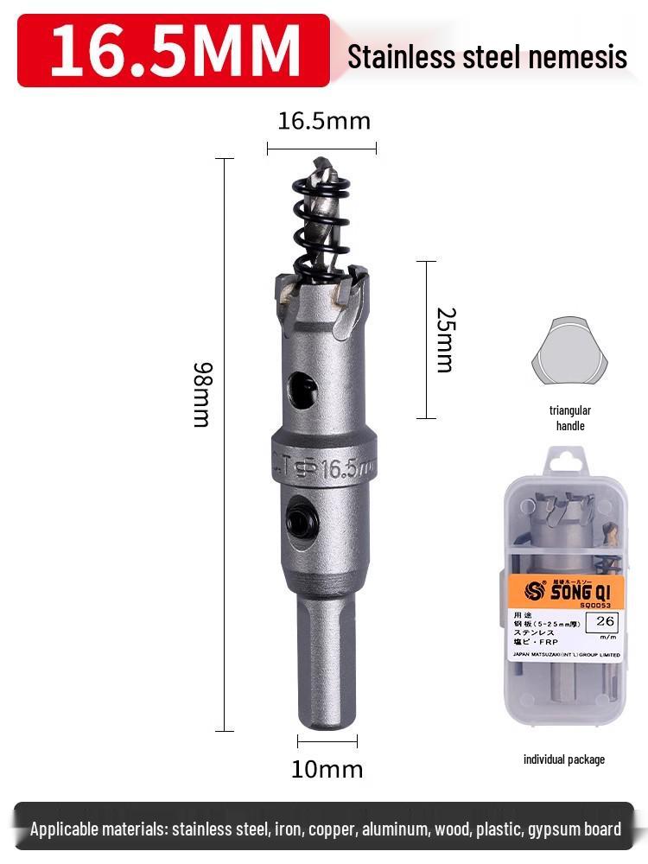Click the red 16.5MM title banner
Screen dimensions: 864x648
click(x=173, y=50)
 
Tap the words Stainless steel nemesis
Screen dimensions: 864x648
click(x=486, y=57)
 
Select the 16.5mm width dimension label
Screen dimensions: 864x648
click(x=323, y=121)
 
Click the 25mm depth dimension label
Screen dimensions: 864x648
click(x=444, y=340)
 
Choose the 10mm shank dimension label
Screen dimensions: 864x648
click(x=327, y=769)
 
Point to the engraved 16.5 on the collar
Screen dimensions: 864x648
click(x=339, y=470)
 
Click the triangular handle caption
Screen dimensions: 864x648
click(x=569, y=418)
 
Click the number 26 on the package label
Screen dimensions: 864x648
click(x=605, y=620)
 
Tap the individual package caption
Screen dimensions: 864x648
click(x=564, y=759)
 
